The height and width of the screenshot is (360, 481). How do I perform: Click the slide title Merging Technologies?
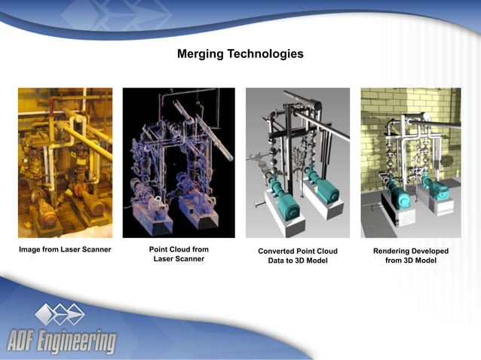coord(240,54)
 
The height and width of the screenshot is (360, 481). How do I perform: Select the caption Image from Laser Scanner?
coord(65,249)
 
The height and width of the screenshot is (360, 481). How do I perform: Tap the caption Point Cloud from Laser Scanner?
coord(179,254)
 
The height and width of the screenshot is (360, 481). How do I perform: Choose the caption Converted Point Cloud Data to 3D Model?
coord(297,255)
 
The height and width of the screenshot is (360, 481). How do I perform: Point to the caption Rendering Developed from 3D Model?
coord(410,255)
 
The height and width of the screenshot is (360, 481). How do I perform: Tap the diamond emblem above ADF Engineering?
coord(60,314)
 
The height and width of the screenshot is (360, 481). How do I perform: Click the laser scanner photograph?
coord(65,163)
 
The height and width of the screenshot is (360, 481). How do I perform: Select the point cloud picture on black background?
coord(179,163)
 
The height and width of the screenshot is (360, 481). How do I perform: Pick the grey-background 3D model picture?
coord(297,163)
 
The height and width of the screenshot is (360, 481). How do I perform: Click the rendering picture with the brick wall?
coord(410,163)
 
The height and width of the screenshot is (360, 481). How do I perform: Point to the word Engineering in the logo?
coord(78,340)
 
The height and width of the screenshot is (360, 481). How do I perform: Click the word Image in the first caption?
coord(31,249)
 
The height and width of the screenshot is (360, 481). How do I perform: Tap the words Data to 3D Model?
coord(297,261)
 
